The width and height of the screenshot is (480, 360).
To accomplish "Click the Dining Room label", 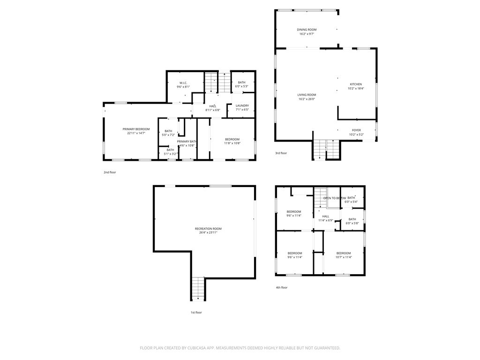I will click(x=307, y=30).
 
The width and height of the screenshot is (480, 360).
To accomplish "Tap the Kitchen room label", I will click(x=355, y=84).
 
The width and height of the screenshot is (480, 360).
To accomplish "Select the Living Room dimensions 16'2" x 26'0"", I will click(x=307, y=99).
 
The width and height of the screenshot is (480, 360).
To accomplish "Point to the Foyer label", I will click(x=356, y=130).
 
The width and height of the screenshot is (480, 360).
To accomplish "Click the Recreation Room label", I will click(x=208, y=229).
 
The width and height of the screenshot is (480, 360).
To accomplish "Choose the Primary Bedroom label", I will click(x=136, y=129).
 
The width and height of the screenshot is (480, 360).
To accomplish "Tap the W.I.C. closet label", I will click(x=183, y=83).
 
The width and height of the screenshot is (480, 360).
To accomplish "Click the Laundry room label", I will click(x=242, y=105).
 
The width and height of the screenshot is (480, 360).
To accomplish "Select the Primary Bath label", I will click(x=186, y=142).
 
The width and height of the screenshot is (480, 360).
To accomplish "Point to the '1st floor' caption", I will click(x=196, y=312).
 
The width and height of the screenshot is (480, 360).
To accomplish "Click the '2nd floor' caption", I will click(x=110, y=172).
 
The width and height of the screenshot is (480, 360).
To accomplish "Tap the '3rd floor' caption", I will click(x=281, y=153).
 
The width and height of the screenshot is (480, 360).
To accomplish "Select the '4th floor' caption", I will click(x=282, y=287).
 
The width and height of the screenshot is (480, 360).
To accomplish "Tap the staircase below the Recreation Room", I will click(x=198, y=288).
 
